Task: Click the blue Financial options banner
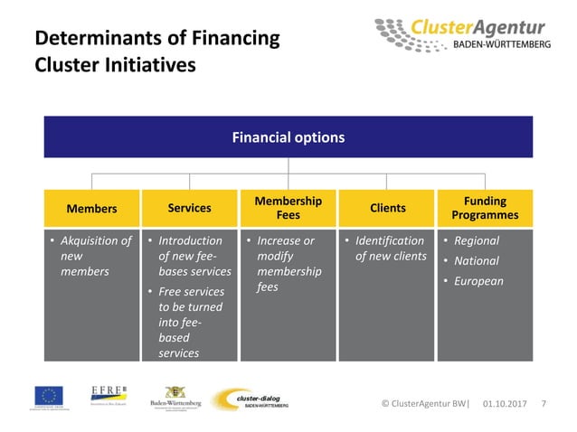coord(288,137)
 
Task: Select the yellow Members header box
coord(91,209)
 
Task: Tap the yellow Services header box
coord(189,208)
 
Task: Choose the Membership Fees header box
coord(288,208)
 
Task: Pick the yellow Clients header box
coord(387,208)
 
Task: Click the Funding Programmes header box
coord(485,208)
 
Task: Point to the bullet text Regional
coord(476,241)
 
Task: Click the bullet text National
coord(476,261)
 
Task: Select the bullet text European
coord(478,281)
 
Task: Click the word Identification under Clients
coord(389,241)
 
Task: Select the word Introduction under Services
coord(190,241)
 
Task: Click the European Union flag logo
coord(49,397)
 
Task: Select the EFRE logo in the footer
coord(108,392)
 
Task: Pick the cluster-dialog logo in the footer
coord(251,399)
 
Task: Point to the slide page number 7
coord(543,402)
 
